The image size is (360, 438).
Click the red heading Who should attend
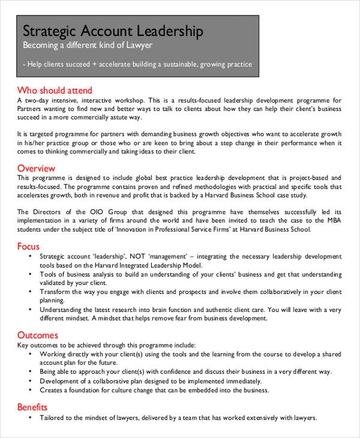[x=49, y=90]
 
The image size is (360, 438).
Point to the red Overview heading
[x=37, y=168]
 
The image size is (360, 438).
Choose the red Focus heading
[x=29, y=246]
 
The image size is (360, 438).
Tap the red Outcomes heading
[x=38, y=335]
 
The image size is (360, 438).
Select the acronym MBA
[x=332, y=220]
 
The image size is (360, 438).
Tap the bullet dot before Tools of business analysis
[x=31, y=274]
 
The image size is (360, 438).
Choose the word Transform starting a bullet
[x=56, y=292]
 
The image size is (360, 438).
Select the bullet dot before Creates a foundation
[x=31, y=390]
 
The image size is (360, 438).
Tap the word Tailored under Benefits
[x=53, y=418]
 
